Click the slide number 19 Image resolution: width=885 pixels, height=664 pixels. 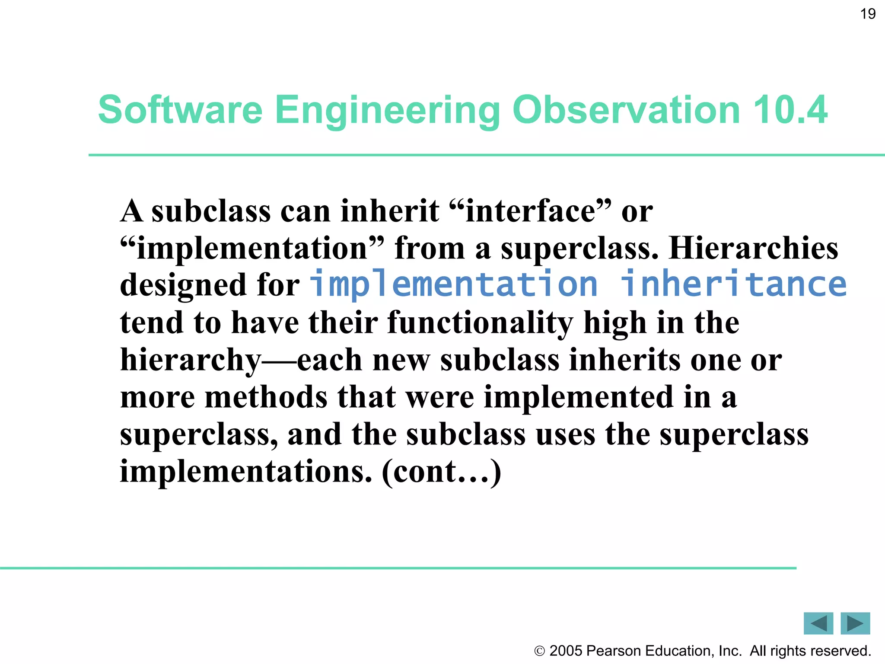click(x=868, y=14)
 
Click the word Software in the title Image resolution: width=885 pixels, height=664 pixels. click(x=180, y=110)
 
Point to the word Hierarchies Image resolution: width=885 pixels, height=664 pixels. click(x=753, y=249)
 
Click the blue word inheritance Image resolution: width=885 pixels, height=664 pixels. click(x=733, y=284)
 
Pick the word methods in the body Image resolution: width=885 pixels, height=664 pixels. click(x=266, y=397)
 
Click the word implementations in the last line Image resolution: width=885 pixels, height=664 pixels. click(x=245, y=472)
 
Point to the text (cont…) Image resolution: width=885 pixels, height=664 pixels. click(x=441, y=472)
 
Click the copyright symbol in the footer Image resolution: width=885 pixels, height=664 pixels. click(x=539, y=651)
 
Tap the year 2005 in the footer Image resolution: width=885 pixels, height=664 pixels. click(x=566, y=651)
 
